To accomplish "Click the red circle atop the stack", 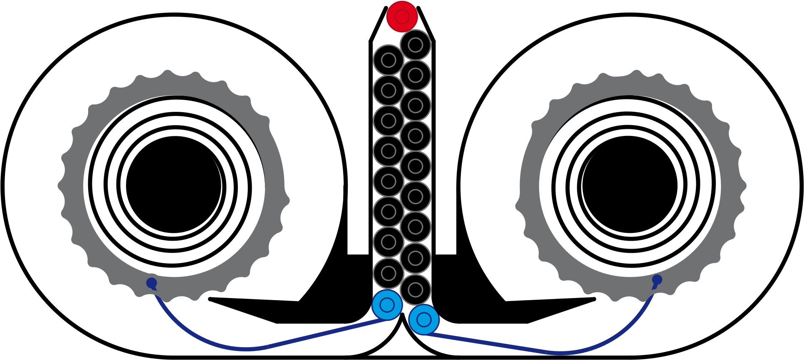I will coord(402,17).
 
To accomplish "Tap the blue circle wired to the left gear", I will coord(387,305).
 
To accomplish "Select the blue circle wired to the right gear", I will coord(424,320).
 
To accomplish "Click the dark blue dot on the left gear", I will coord(151,283).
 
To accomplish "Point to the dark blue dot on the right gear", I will coord(657,280).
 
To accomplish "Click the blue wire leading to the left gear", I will coord(245,348).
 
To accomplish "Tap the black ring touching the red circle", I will coord(416,45).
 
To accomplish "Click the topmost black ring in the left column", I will coord(388,60).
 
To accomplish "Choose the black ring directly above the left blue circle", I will coord(388,273).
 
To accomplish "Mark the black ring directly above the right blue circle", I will coord(416,290).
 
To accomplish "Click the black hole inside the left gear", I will coord(174,186).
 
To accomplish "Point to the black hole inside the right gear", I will coord(630,186).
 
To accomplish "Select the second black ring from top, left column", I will coord(388,90).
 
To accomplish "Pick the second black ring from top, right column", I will coord(416,75).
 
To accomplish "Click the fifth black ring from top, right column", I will coord(416,166).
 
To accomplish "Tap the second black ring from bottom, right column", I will coord(416,258).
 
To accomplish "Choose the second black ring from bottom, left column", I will coord(388,242).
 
